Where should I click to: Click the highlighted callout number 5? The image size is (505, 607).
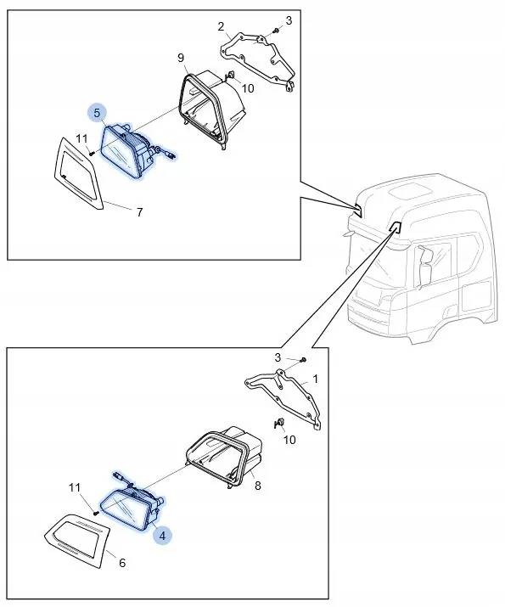point(97,113)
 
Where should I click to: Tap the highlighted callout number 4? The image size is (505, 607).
point(162,536)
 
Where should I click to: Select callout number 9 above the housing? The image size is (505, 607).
point(181,58)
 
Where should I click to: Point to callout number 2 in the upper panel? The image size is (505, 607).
point(221,26)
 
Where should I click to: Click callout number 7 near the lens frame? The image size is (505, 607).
point(140,211)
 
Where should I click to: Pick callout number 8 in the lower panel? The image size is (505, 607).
point(258,486)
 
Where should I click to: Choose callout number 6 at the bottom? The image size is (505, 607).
point(122,563)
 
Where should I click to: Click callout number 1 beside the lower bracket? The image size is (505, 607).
point(316,379)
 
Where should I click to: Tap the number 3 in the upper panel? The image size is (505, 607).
point(289,20)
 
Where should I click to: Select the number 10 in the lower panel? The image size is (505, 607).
point(289,440)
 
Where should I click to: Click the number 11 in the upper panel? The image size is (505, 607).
point(81,138)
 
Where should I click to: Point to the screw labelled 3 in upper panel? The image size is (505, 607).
point(276,30)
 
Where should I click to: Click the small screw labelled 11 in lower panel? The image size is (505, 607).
point(97,514)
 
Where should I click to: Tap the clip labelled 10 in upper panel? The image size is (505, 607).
point(230,75)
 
